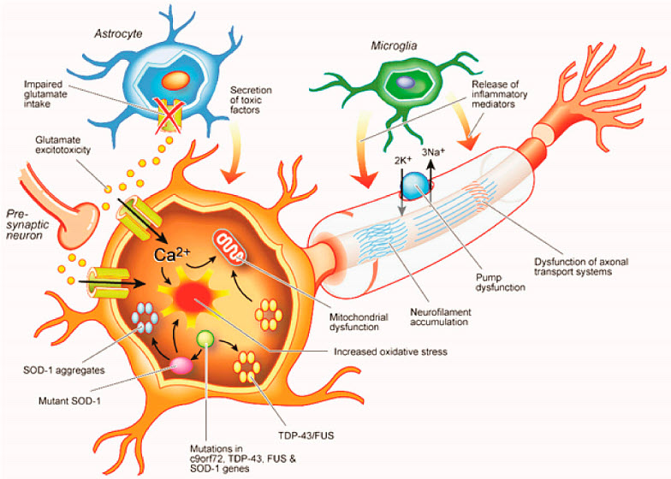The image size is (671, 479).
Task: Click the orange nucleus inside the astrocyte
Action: point(175,82)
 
